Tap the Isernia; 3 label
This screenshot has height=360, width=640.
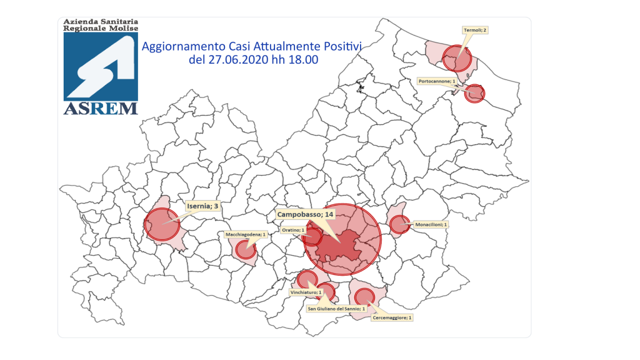[x=203, y=205]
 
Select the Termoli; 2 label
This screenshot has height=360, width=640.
[x=475, y=29]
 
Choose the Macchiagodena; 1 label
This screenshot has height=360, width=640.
[x=246, y=235]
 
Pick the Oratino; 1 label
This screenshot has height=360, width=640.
[x=293, y=230]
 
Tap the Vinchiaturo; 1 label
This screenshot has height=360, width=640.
[x=306, y=292]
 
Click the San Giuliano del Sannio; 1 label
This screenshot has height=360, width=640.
[x=336, y=309]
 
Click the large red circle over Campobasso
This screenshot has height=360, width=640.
[x=342, y=239]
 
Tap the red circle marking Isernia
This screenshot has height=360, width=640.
[x=162, y=224]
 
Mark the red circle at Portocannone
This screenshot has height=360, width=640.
[x=476, y=93]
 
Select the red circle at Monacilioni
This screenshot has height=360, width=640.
[x=399, y=224]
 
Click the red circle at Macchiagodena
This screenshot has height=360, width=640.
[x=245, y=250]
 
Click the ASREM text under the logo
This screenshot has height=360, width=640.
[x=101, y=109]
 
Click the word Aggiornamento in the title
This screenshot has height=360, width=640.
[x=179, y=46]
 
